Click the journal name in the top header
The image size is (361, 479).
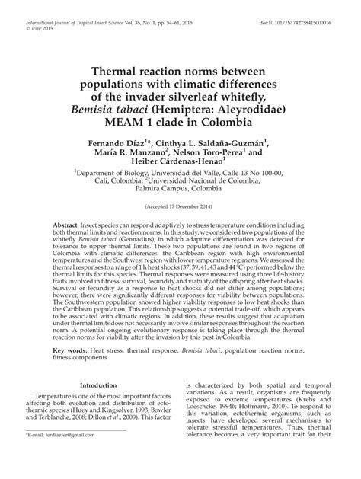[84, 7]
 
